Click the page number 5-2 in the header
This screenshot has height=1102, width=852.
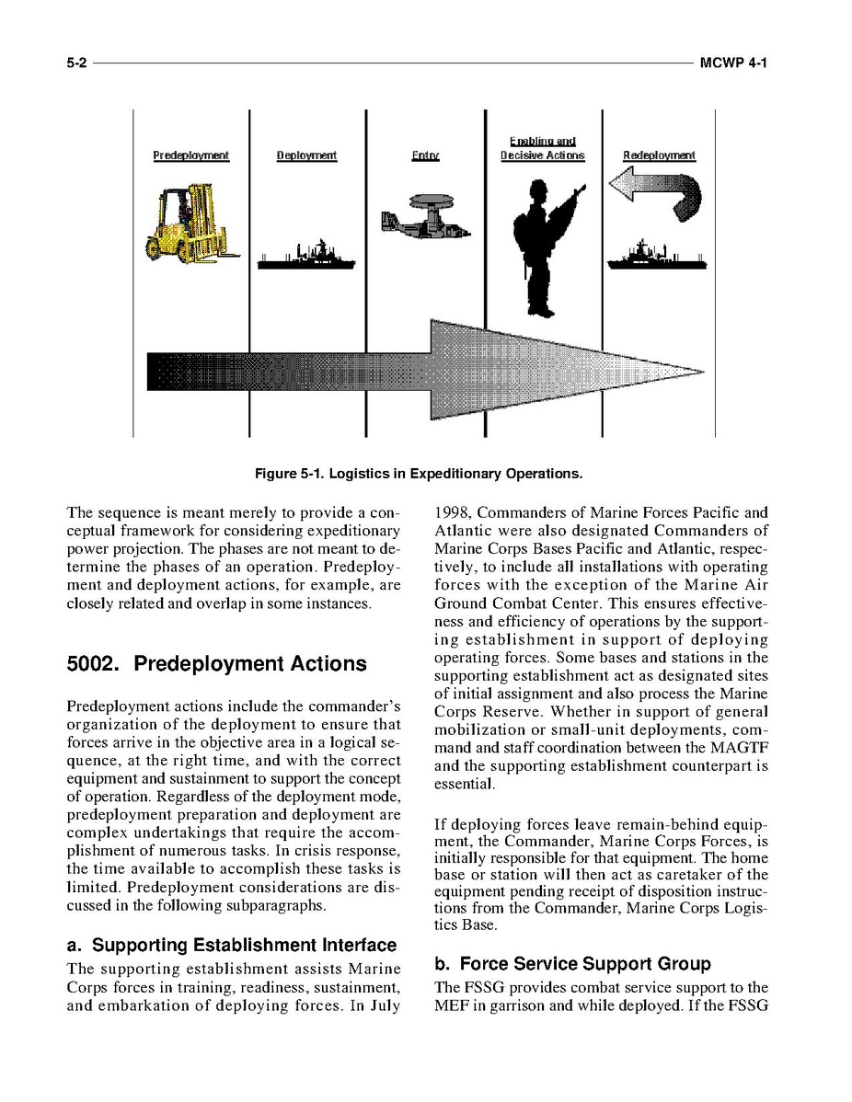(x=75, y=63)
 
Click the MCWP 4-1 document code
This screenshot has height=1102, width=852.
(x=732, y=63)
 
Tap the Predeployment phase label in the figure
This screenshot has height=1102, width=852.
(x=190, y=155)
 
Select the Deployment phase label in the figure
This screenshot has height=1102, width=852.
(x=306, y=155)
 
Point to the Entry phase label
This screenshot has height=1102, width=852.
(x=425, y=155)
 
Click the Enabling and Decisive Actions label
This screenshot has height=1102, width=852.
(x=542, y=148)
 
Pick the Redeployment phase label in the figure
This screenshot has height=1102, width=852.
(x=659, y=155)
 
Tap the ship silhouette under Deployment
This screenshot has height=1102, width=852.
(x=305, y=257)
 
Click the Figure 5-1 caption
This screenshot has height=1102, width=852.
(x=419, y=474)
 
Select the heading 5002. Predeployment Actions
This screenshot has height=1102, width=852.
(x=216, y=663)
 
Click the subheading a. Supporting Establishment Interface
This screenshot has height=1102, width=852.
(x=232, y=945)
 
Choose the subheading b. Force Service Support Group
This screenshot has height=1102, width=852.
(x=572, y=963)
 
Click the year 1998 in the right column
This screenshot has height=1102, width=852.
(x=452, y=512)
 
